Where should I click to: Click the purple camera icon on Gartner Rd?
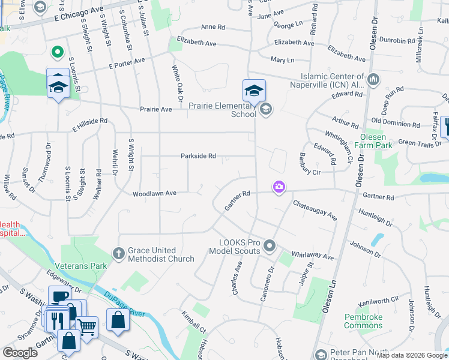click(x=279, y=187)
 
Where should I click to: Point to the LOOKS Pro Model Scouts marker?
click(x=270, y=245)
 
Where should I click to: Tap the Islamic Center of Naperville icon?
click(x=373, y=79)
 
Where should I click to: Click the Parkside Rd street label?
click(x=198, y=156)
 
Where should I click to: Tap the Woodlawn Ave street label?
click(x=154, y=193)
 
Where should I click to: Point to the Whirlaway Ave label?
click(x=312, y=256)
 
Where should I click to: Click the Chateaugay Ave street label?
click(x=315, y=210)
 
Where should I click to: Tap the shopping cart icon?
click(x=88, y=327)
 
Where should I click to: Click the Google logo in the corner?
click(x=20, y=353)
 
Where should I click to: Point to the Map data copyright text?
click(x=412, y=355)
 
